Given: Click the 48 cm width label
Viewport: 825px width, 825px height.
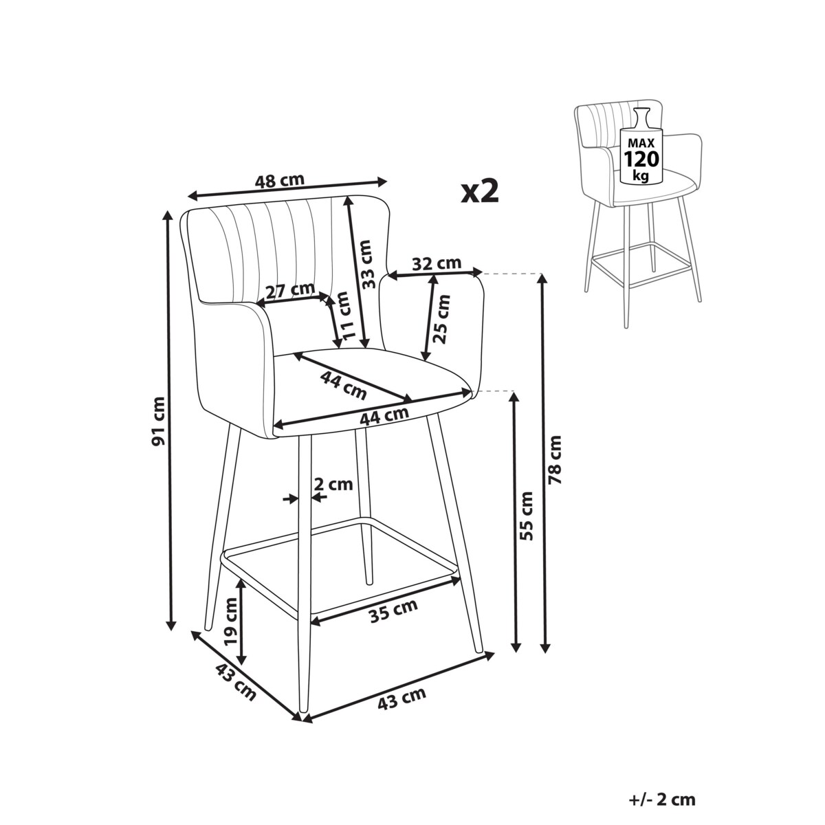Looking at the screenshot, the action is [280, 181].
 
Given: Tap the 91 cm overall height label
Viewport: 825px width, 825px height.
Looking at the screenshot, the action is [158, 421].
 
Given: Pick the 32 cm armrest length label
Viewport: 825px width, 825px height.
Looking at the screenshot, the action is [437, 264].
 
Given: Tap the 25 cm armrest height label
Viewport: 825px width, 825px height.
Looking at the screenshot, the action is [441, 319].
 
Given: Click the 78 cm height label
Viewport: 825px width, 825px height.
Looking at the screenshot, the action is [554, 460].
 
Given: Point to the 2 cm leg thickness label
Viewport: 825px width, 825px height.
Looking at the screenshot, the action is [333, 484].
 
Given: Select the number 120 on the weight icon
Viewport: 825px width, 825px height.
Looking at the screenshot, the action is [641, 159].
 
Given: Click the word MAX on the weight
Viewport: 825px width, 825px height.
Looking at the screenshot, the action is [641, 142].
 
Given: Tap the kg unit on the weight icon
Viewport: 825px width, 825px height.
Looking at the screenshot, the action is [641, 175].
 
